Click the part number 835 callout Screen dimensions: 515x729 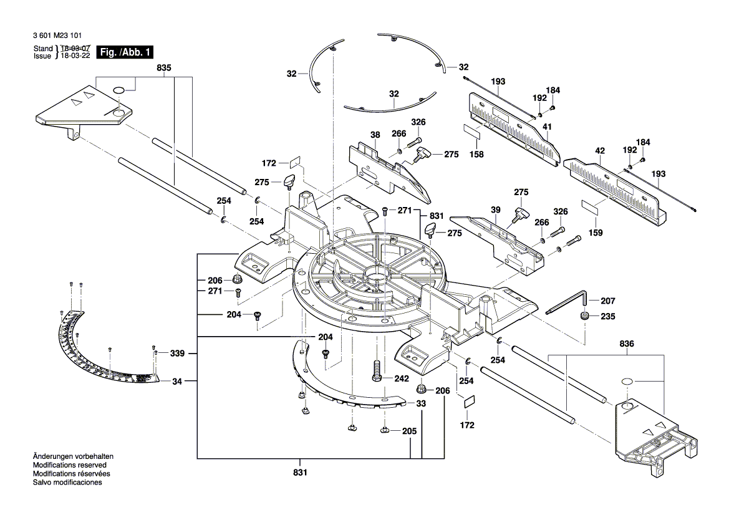click(x=164, y=67)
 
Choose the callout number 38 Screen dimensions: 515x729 click(x=375, y=133)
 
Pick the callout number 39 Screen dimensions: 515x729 click(x=495, y=211)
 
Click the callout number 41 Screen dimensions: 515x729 click(x=547, y=127)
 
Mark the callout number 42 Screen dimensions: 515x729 click(x=600, y=150)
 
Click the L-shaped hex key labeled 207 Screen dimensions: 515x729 click(x=567, y=303)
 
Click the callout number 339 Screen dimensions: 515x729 click(x=177, y=354)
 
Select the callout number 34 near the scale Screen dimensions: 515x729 click(x=177, y=380)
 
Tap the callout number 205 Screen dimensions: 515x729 click(x=409, y=430)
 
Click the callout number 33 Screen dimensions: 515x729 click(x=422, y=404)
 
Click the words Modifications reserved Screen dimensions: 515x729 click(x=69, y=465)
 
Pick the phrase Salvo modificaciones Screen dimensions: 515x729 click(x=67, y=483)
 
